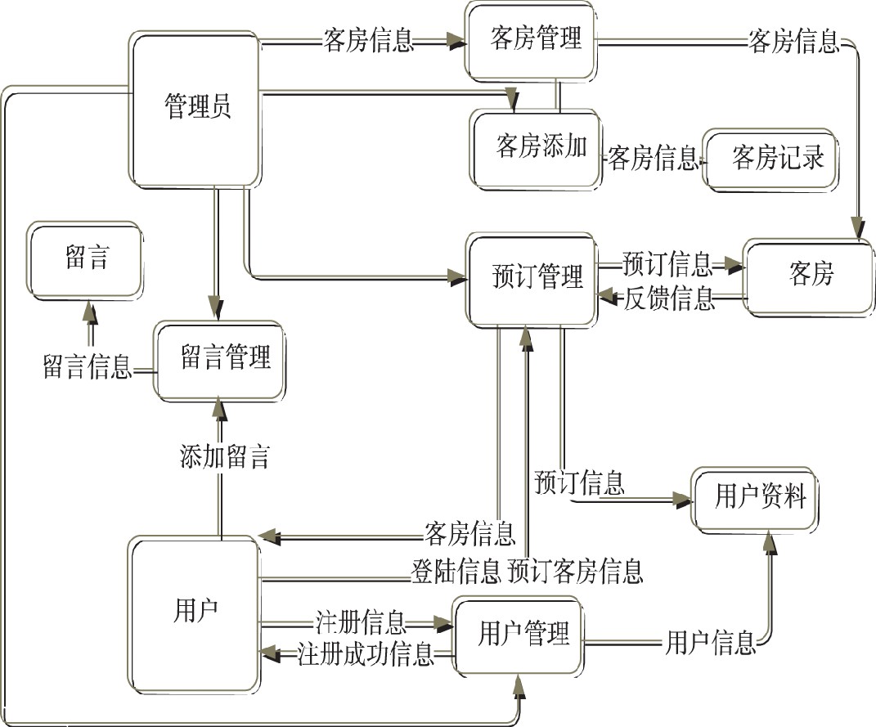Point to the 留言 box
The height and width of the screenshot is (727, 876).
(x=86, y=260)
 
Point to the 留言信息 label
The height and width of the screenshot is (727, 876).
(x=87, y=366)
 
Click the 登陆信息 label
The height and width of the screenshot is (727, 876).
(x=455, y=571)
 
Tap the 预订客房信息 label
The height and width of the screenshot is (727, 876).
(x=574, y=571)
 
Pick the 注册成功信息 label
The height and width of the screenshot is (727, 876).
(x=364, y=654)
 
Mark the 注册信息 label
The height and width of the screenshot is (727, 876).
(x=360, y=623)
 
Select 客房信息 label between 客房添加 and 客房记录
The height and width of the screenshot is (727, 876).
(x=652, y=159)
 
